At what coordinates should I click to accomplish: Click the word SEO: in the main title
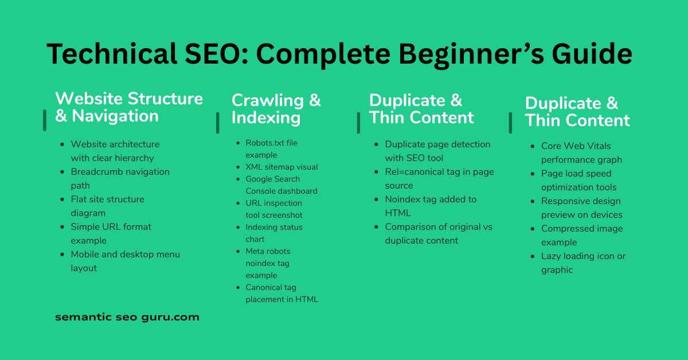coord(216,54)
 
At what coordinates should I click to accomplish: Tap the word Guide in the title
coord(592,54)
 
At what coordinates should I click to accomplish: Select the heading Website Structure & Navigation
coord(129,107)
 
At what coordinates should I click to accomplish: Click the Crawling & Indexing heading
coord(276,109)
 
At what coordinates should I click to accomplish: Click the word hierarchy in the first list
coord(134,158)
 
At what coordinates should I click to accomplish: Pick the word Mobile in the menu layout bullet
coord(85,255)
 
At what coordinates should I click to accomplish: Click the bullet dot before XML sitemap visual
coord(238,167)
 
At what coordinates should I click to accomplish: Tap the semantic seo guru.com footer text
coord(127,317)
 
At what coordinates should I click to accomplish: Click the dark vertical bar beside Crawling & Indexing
coord(218,123)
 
